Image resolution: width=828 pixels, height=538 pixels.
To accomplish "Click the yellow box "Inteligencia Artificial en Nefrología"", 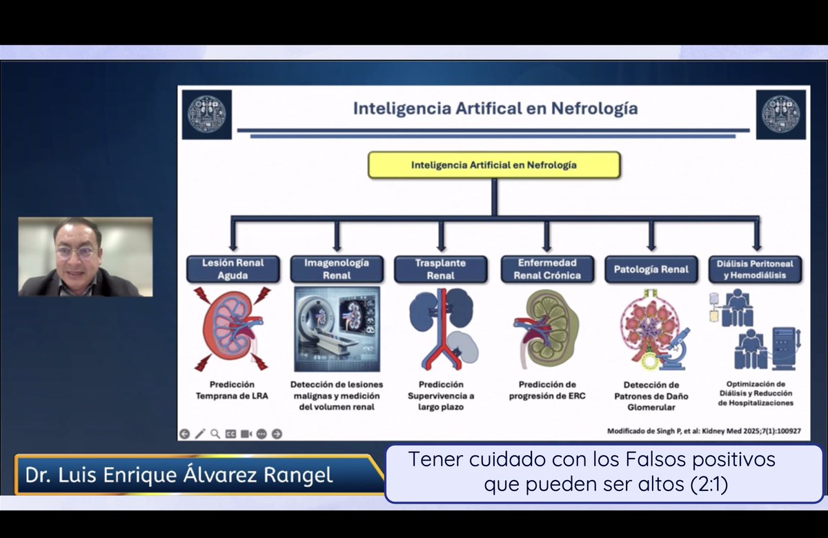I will coord(493,166).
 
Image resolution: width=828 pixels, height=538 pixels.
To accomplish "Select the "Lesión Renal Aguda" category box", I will coord(233,269).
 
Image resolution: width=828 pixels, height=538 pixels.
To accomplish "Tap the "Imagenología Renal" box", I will coord(337,269).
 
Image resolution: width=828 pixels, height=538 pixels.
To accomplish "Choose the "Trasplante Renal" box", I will coord(440,269).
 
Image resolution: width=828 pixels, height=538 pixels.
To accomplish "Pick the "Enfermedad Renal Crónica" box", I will coord(546,269).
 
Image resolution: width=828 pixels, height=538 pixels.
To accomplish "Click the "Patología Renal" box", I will coord(651,269).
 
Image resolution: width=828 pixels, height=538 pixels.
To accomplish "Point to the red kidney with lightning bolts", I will coord(233,328).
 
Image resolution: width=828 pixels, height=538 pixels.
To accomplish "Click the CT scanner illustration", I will coord(337,329).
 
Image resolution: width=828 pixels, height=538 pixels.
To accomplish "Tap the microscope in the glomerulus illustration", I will coord(675,348).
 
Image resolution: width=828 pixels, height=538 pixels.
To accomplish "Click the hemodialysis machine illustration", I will coord(776,348).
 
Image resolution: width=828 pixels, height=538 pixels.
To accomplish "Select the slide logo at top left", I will coord(207,114).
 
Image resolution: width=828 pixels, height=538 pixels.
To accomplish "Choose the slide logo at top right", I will coord(780,114).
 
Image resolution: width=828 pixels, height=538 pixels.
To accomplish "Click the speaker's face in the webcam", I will coord(77,250).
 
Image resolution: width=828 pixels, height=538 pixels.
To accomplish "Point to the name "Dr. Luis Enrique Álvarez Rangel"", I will coord(179,475).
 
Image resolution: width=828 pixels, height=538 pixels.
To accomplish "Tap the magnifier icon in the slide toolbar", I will coord(215,434).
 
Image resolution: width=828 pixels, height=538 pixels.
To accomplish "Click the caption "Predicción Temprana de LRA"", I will coord(233,390).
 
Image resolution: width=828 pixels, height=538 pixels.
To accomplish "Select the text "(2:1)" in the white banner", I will coord(709,485).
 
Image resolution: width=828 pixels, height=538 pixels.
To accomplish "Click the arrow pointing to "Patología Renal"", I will coord(651,238).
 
